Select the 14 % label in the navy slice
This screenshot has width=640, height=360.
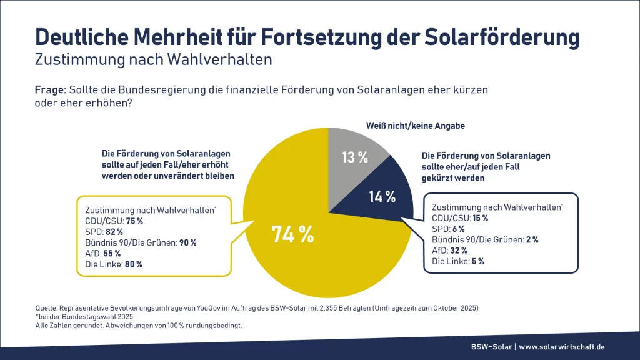pos(382,197)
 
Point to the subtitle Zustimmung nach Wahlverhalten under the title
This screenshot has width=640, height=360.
pos(153,61)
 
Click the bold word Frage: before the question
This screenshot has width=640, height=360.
pos(51,90)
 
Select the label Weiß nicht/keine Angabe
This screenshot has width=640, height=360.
pos(415,126)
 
